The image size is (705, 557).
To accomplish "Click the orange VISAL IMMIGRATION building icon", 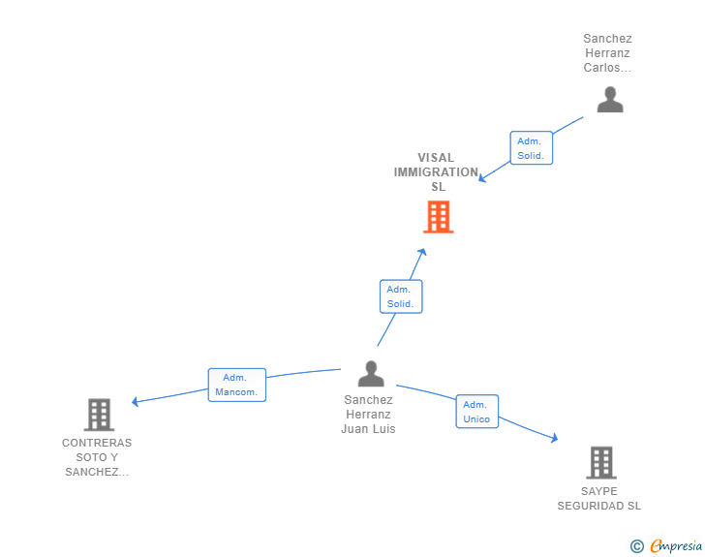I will pyautogui.click(x=439, y=217).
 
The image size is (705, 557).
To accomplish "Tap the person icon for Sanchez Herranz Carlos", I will pyautogui.click(x=610, y=100).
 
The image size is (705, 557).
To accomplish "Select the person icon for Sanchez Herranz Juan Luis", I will pyautogui.click(x=371, y=373).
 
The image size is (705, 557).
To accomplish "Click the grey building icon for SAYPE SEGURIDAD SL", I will pyautogui.click(x=601, y=462).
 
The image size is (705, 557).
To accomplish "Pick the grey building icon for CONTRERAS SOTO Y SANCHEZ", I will pyautogui.click(x=99, y=415).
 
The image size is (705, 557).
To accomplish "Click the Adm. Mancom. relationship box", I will pyautogui.click(x=237, y=385).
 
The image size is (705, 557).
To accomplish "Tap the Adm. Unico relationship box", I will pyautogui.click(x=476, y=412).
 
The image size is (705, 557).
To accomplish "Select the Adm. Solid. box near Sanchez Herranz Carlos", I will pyautogui.click(x=531, y=148).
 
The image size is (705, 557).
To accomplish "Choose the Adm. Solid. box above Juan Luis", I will pyautogui.click(x=400, y=296).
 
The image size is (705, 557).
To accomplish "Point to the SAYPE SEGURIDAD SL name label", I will pyautogui.click(x=599, y=498).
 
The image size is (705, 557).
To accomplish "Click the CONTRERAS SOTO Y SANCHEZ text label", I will pyautogui.click(x=97, y=457).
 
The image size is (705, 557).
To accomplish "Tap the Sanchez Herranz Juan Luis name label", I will pyautogui.click(x=368, y=414).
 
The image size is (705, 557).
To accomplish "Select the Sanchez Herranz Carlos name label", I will pyautogui.click(x=607, y=53).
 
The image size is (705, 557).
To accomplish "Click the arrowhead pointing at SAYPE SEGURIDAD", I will pyautogui.click(x=554, y=438).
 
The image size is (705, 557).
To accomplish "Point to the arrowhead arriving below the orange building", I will pyautogui.click(x=421, y=252).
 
